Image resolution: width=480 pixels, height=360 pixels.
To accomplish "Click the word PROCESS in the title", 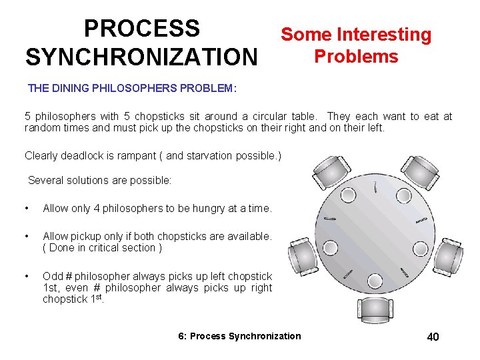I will [x=141, y=29].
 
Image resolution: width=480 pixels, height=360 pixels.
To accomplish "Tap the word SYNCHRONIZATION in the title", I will [x=141, y=57].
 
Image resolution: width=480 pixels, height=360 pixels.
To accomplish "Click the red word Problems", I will [x=356, y=56].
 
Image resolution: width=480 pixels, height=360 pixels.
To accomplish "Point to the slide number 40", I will [x=433, y=337].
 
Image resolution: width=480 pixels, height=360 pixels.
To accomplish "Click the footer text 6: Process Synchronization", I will [x=240, y=336].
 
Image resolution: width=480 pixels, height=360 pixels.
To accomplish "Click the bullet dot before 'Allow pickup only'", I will [x=27, y=237].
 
